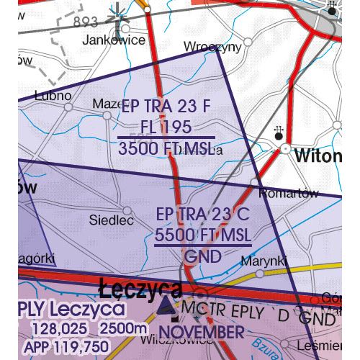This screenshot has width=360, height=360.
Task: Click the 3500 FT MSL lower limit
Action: click(166, 148)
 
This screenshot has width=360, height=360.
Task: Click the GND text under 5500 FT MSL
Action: click(203, 256)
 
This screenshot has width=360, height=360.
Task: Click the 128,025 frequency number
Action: click(58, 330)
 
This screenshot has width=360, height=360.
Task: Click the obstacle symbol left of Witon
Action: click(279, 132)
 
